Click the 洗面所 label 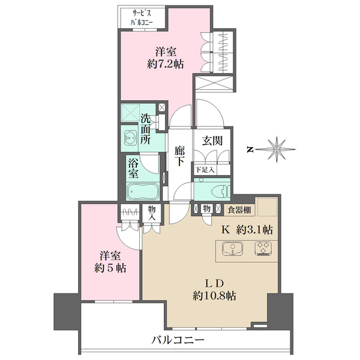click(145, 128)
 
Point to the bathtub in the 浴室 click(142, 193)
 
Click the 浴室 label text click(134, 168)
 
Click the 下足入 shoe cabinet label click(205, 170)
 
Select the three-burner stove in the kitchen click(262, 248)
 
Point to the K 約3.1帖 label click(248, 229)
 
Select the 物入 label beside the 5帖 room click(152, 214)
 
